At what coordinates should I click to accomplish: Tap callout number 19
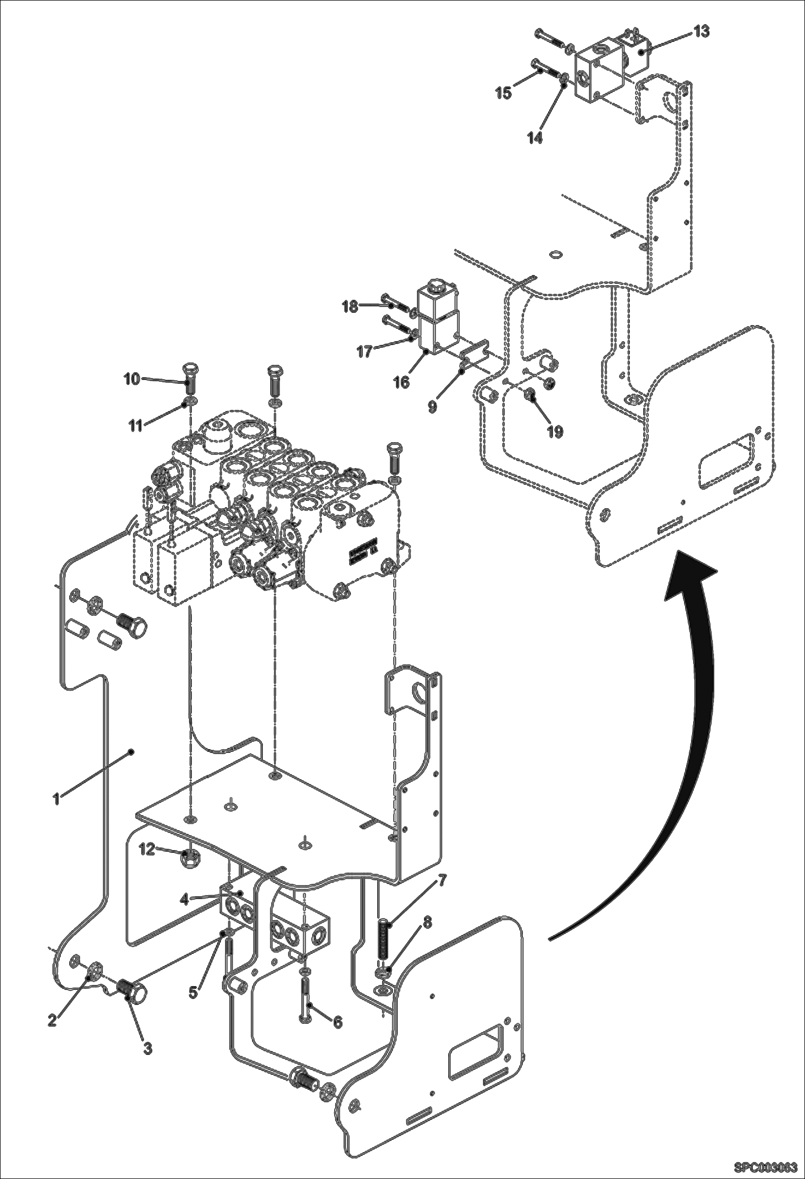tap(555, 431)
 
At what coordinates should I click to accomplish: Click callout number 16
tap(401, 382)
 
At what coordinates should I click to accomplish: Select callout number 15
tap(504, 92)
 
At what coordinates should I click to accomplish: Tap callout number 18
tap(350, 307)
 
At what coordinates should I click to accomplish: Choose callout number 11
tap(135, 426)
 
